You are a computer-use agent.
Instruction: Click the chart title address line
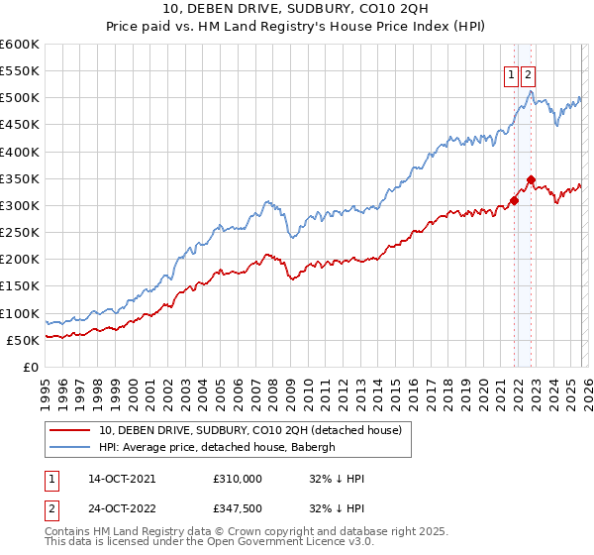click(x=297, y=9)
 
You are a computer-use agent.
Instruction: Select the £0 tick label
click(x=31, y=367)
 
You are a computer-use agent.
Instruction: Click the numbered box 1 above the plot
click(x=511, y=73)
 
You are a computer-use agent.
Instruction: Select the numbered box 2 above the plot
click(x=528, y=73)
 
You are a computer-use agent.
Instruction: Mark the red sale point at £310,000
click(x=514, y=200)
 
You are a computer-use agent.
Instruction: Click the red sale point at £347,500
click(x=532, y=180)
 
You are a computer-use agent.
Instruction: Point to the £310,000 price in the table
click(x=238, y=478)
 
